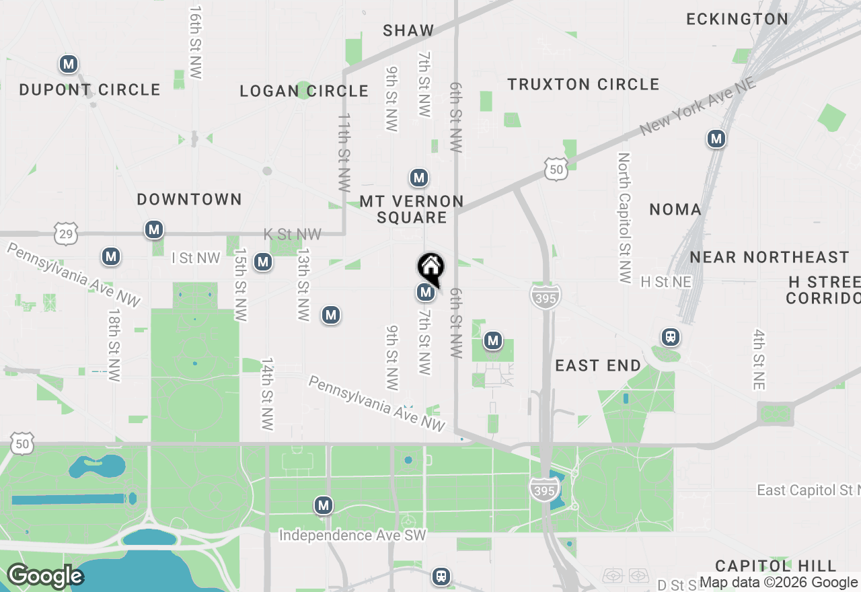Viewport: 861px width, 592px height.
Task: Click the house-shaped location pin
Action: pos(430,268)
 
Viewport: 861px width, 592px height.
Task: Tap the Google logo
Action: pos(45,577)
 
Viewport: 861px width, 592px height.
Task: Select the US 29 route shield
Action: pos(66,234)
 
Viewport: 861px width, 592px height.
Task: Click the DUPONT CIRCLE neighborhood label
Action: pos(89,89)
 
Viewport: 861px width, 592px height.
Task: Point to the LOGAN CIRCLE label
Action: pos(304,91)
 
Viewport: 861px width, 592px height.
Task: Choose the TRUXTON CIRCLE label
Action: pos(583,84)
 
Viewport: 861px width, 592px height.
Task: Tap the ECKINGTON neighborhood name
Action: pos(737,19)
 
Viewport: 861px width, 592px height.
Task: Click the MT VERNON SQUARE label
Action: pos(412,209)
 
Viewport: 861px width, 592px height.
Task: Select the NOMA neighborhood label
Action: pos(675,209)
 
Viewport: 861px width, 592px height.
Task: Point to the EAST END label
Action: pos(598,365)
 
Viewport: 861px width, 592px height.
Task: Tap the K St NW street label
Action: pos(292,234)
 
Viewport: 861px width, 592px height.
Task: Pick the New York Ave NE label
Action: pos(698,106)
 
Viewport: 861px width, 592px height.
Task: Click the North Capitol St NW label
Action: pos(624,217)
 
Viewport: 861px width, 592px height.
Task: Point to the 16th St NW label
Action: pos(195,43)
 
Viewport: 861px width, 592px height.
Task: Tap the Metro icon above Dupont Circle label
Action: pos(68,65)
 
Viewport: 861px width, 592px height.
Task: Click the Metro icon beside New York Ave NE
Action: pos(716,139)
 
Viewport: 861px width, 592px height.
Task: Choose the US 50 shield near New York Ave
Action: pos(556,170)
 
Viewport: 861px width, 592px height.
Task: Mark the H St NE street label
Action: pos(666,282)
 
